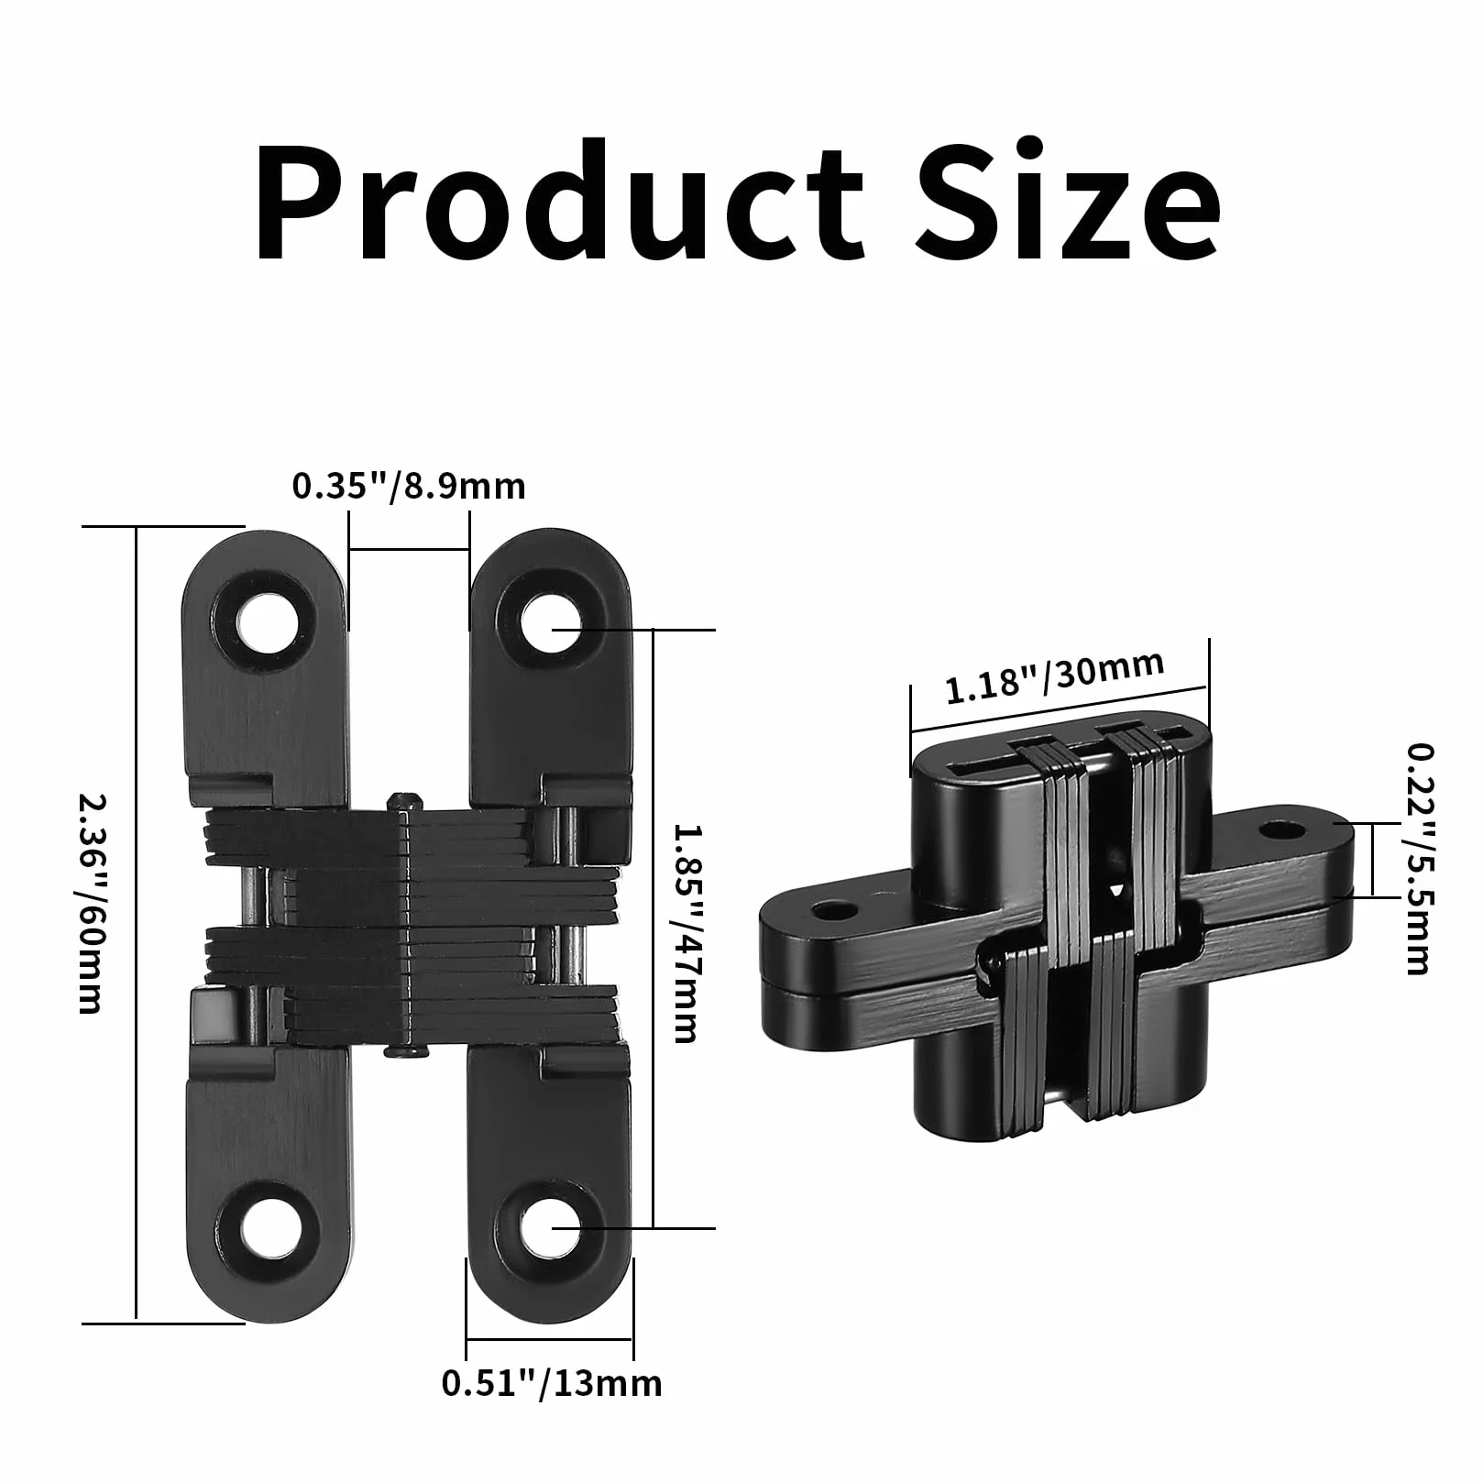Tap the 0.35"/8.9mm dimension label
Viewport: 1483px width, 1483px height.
(409, 485)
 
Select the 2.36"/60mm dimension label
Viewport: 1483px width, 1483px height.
(89, 903)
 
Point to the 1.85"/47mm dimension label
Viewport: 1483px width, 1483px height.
(686, 934)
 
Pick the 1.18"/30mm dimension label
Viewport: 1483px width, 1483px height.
(1054, 677)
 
